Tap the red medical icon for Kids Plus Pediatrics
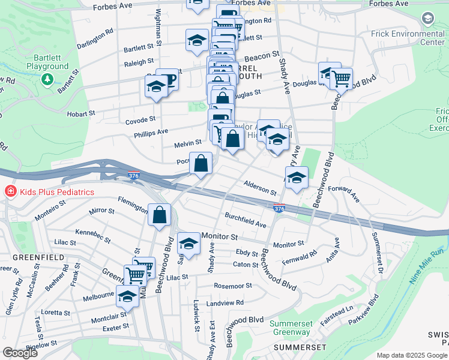(x=10, y=192)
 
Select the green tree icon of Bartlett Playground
(x=46, y=79)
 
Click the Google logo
(x=20, y=353)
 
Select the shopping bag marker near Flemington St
(x=160, y=215)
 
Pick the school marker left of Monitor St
(x=188, y=244)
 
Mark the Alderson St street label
(x=260, y=188)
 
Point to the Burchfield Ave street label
(x=245, y=220)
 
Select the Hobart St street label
(x=83, y=113)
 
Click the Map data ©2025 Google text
(x=411, y=355)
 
